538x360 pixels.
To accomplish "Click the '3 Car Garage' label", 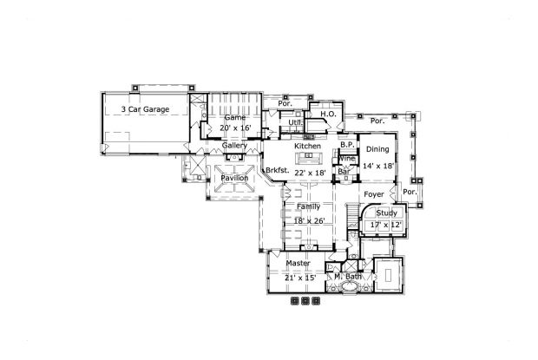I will (x=145, y=110).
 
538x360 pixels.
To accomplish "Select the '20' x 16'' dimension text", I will (x=235, y=128).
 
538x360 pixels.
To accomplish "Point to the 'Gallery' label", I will (x=234, y=146).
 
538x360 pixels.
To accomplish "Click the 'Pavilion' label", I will (x=234, y=178).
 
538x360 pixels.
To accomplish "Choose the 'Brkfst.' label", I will (x=277, y=170).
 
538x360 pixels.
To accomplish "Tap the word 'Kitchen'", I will (x=307, y=147).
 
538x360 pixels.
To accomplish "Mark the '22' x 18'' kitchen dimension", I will (x=309, y=173).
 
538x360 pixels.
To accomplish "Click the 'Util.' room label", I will (x=295, y=123).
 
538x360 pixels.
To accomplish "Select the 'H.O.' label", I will (x=328, y=114).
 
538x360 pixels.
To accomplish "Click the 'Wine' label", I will (x=345, y=159).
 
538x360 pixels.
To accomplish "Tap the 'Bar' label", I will (x=344, y=173).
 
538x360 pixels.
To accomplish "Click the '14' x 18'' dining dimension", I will (x=378, y=165).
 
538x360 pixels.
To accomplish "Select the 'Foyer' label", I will (x=374, y=194).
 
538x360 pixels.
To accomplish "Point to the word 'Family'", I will (x=308, y=207).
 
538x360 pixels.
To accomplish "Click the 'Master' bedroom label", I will (x=299, y=263).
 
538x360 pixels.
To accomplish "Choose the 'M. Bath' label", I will (x=348, y=277).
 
